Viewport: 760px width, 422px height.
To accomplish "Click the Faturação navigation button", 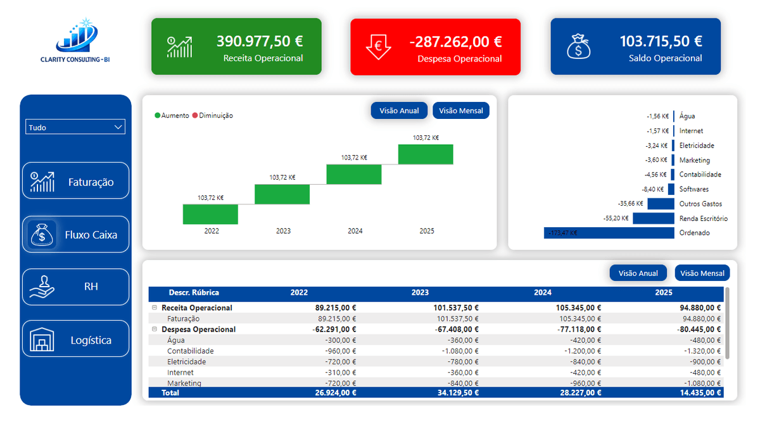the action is point(75,181).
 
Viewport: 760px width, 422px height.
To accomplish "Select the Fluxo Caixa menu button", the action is point(75,235).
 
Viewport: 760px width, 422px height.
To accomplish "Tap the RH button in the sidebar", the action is point(75,287).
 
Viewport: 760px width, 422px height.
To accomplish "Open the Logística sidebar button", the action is point(75,339).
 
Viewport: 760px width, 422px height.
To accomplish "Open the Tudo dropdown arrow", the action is point(118,127).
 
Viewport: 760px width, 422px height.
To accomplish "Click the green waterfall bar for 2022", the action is point(210,214).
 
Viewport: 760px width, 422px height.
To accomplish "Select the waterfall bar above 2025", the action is point(426,154).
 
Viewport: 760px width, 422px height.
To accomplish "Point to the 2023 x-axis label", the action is point(283,231).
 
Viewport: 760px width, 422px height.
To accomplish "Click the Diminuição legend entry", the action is point(213,116).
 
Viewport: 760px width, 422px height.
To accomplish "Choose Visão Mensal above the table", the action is point(702,273).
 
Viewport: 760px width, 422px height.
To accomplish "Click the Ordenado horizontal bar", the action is point(609,233).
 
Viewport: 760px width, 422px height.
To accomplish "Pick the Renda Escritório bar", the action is point(654,218).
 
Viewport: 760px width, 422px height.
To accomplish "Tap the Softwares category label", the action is point(694,189).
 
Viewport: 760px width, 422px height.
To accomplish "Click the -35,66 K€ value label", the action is point(630,204).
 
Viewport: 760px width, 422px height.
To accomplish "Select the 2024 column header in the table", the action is point(543,292).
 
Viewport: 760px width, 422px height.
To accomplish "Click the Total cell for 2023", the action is point(458,393).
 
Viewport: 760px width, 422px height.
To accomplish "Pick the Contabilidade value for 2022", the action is point(340,351).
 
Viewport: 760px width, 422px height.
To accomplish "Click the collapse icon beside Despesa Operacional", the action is point(155,329).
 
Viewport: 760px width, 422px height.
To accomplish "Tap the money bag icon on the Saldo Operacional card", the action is point(578,46).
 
